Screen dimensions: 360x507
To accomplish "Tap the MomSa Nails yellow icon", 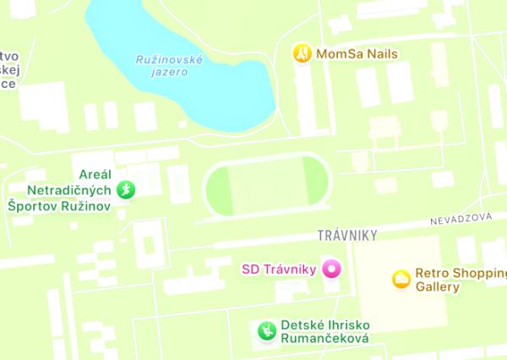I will point(302,53).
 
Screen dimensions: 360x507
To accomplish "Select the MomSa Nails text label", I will point(357,53).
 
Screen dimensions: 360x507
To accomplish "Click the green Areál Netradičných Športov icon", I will point(126,189).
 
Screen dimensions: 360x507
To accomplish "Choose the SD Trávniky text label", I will point(279,270).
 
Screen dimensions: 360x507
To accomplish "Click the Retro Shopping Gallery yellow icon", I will point(401,278).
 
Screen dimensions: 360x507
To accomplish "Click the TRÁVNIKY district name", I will point(346,234).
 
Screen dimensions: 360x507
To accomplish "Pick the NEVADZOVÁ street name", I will point(460,218).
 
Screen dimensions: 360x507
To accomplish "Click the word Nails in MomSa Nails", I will point(381,53).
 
